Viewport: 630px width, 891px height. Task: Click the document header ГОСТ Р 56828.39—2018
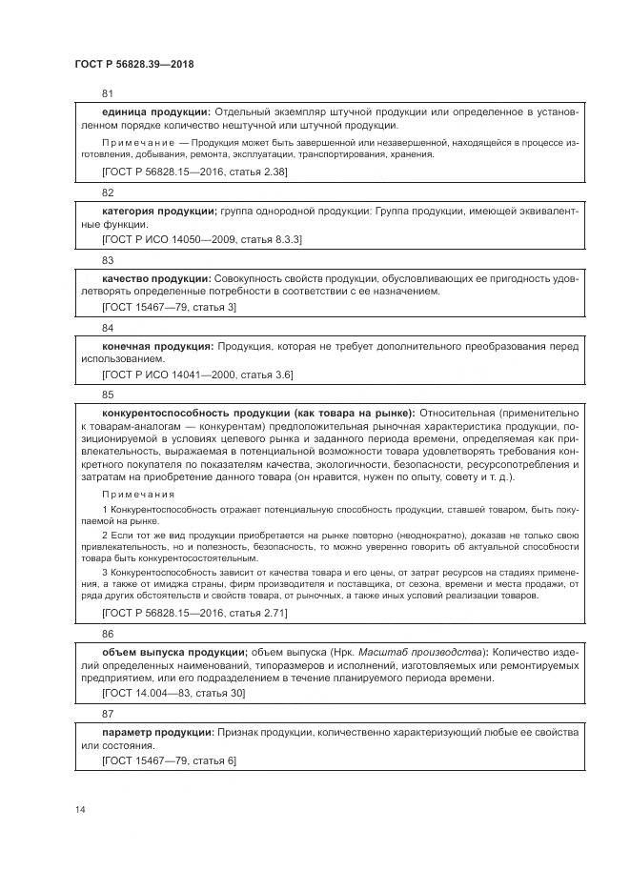pyautogui.click(x=134, y=63)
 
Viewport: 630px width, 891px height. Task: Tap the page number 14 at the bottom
pyautogui.click(x=80, y=809)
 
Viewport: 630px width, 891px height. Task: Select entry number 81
pyautogui.click(x=108, y=93)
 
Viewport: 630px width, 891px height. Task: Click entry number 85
pyautogui.click(x=108, y=394)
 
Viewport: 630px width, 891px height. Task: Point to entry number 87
pyautogui.click(x=108, y=713)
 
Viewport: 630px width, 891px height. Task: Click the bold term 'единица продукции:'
pyautogui.click(x=155, y=112)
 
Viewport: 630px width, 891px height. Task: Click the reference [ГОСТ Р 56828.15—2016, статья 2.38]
pyautogui.click(x=194, y=172)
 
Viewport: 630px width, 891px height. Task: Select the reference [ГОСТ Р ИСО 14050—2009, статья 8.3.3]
pyautogui.click(x=202, y=239)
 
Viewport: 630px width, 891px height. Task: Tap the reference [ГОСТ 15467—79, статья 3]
pyautogui.click(x=169, y=307)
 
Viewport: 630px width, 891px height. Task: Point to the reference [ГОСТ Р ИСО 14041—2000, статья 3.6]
pyautogui.click(x=197, y=375)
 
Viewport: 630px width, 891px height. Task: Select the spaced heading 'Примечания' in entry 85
pyautogui.click(x=138, y=495)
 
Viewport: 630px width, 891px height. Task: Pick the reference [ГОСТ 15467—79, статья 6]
pyautogui.click(x=169, y=760)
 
